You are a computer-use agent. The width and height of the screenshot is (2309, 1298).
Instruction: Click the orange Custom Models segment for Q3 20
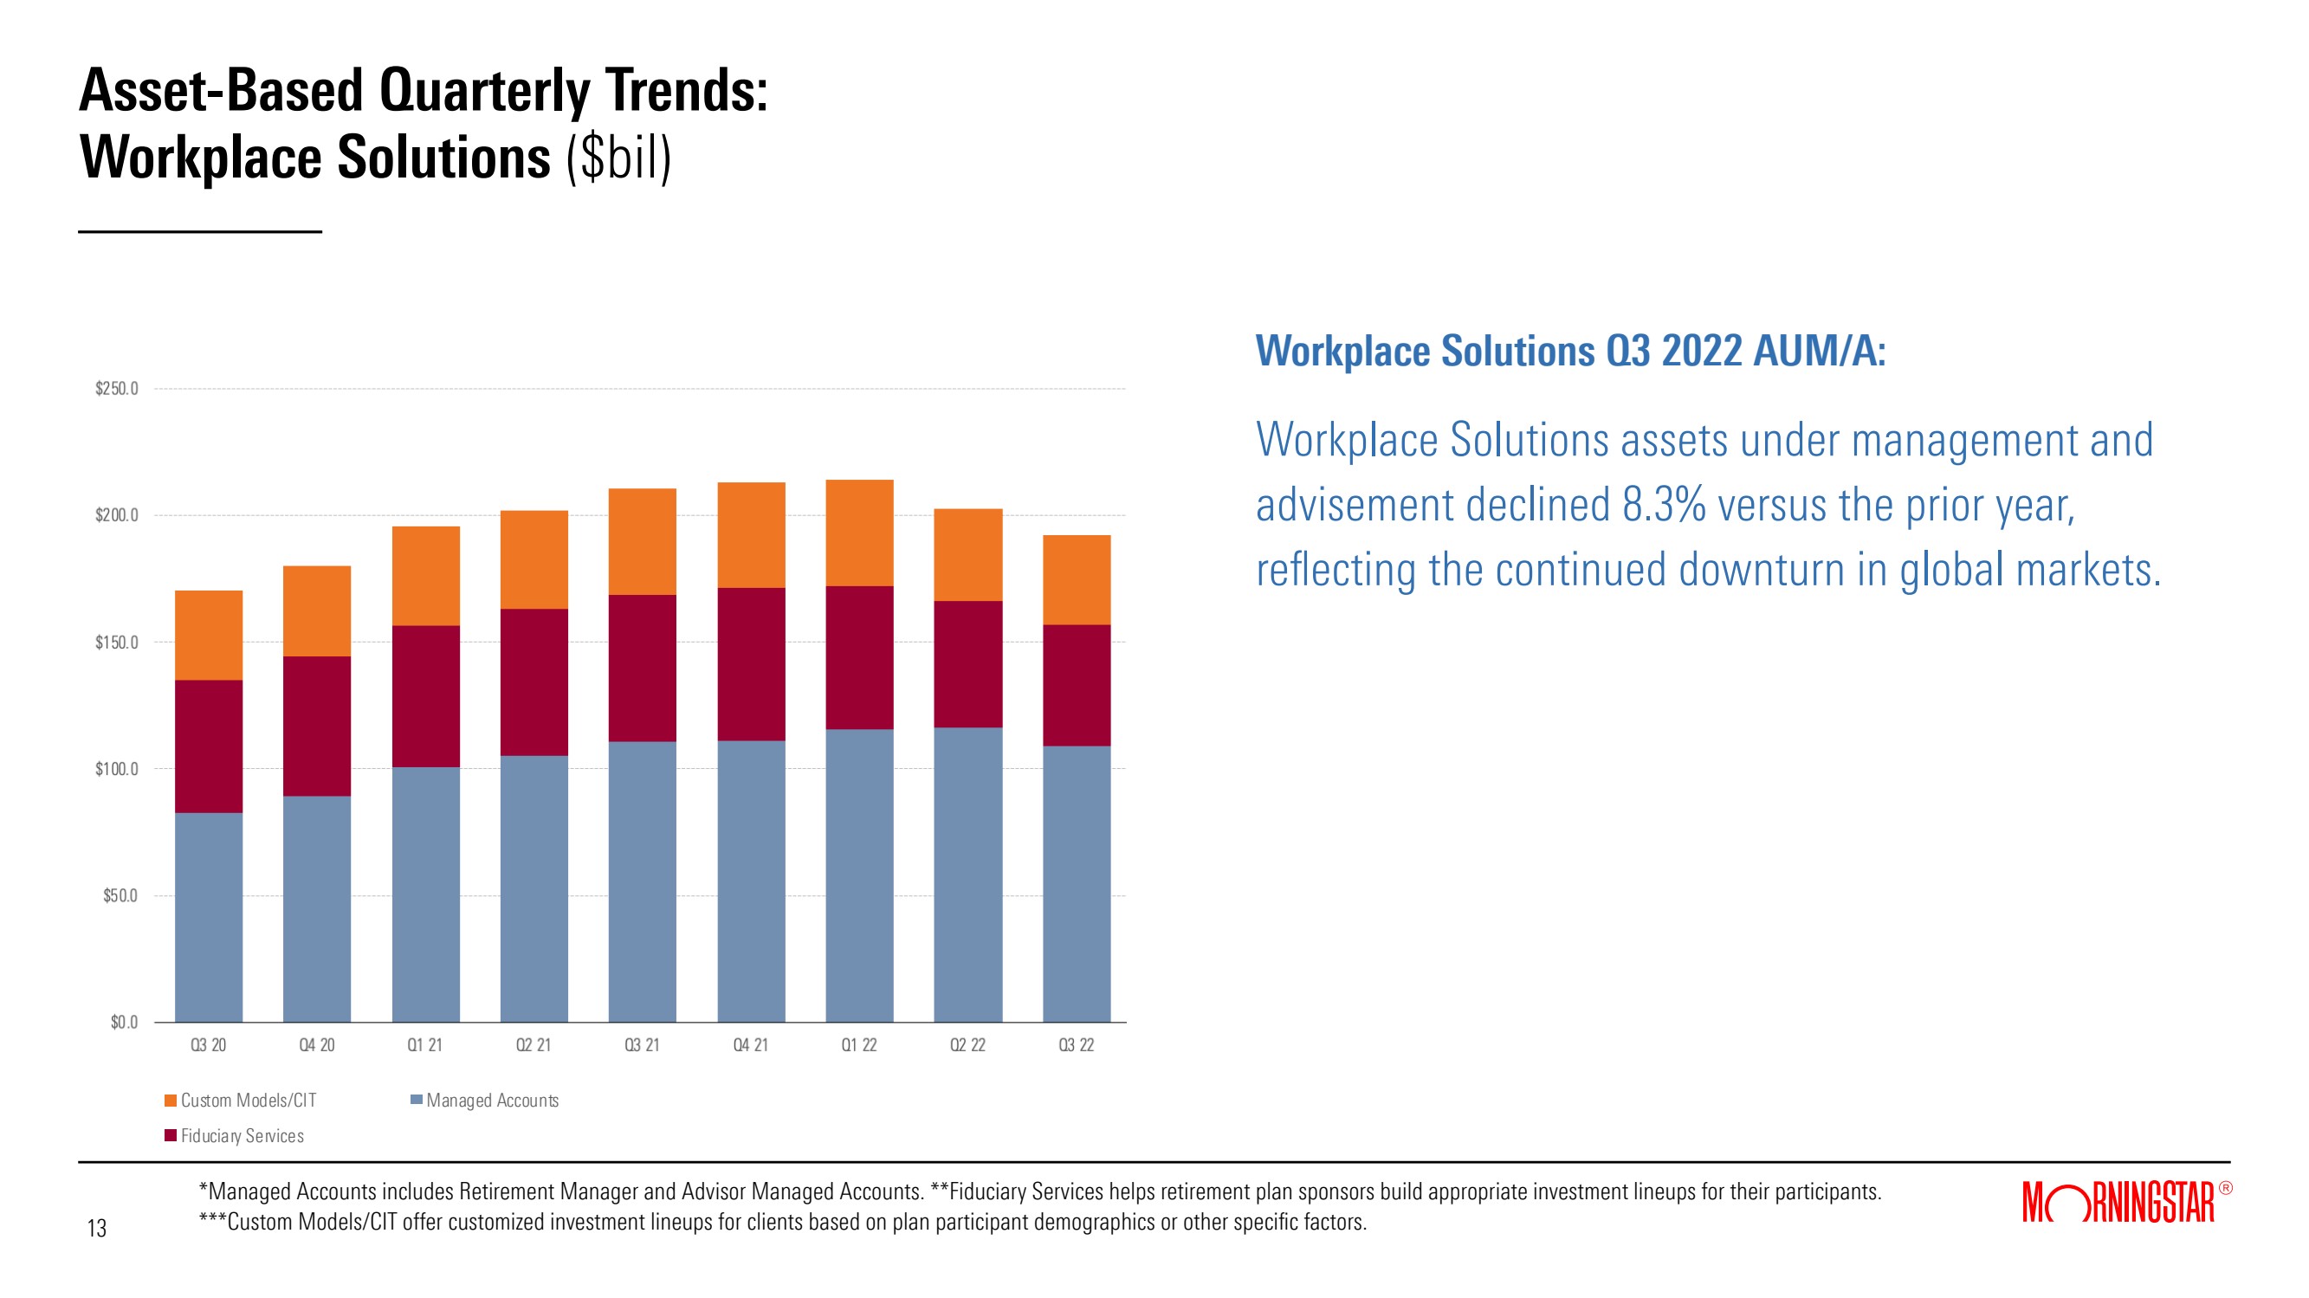(x=208, y=635)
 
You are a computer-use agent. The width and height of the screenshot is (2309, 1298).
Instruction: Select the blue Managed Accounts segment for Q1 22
(x=858, y=875)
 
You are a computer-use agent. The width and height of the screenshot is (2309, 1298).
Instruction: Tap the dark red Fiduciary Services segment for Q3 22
(x=1077, y=685)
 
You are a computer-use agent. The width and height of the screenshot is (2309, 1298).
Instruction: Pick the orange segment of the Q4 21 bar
(x=751, y=535)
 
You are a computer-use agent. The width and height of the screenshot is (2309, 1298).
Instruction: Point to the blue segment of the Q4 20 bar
(x=316, y=908)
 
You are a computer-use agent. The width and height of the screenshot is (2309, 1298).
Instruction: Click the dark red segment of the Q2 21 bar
(x=534, y=682)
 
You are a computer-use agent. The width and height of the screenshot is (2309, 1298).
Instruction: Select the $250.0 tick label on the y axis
(x=117, y=389)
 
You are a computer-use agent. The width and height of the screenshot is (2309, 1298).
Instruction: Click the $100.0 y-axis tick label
(x=117, y=769)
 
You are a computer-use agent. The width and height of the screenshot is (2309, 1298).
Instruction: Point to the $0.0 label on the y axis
(x=124, y=1023)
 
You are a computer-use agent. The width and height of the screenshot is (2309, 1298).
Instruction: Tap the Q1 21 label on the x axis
(x=425, y=1045)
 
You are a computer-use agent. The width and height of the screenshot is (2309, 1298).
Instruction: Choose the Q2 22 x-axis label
(x=967, y=1045)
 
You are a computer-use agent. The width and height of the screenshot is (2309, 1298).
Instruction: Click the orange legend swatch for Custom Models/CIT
(x=171, y=1100)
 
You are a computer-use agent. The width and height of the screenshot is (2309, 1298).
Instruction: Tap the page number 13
(x=97, y=1228)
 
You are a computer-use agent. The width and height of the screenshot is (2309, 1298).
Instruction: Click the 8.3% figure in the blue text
(x=1664, y=506)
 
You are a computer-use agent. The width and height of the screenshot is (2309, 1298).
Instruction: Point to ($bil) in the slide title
(x=618, y=158)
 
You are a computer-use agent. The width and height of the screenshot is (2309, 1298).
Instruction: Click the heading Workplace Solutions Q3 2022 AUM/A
(x=1569, y=351)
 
